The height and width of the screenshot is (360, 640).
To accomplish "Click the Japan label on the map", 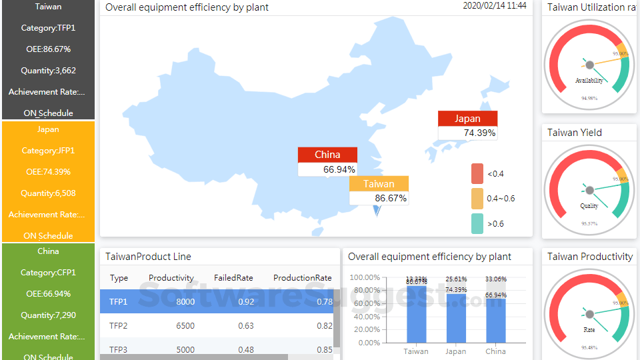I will (x=467, y=119).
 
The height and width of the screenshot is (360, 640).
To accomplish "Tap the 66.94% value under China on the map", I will (x=339, y=169).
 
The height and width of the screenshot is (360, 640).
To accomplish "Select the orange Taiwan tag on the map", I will (x=379, y=184).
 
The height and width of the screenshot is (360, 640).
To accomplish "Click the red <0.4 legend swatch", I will (x=477, y=173).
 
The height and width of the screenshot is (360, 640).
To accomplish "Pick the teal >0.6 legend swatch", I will (x=477, y=223).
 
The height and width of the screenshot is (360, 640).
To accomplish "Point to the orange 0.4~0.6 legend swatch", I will (x=477, y=198).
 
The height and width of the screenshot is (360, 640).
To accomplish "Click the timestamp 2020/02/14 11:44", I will (x=494, y=5).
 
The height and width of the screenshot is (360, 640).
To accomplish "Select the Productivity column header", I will (x=171, y=278).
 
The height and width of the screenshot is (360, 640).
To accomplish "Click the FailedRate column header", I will (x=233, y=278).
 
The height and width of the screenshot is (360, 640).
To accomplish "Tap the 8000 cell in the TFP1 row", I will (x=185, y=302).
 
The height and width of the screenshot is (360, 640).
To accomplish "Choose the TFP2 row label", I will (x=119, y=326).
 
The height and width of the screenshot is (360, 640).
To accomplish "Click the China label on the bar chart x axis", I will (x=495, y=351).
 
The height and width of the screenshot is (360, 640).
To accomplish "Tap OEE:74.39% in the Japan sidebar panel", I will (x=48, y=172).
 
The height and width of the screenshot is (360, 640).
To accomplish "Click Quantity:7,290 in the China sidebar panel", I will (x=48, y=315).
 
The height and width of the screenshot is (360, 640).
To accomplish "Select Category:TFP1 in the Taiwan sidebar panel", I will (x=48, y=28).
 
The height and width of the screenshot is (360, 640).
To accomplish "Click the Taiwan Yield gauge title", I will (x=575, y=133).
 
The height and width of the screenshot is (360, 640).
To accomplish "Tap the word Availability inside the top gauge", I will (x=589, y=81).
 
